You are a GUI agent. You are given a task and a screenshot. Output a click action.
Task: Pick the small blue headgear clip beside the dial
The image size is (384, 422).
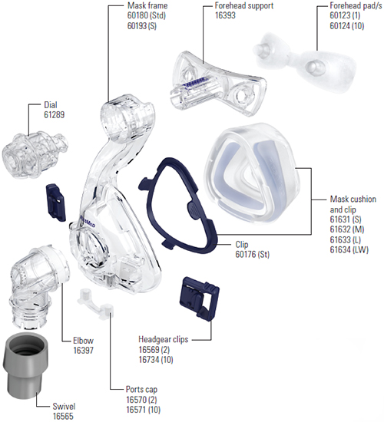(56, 202)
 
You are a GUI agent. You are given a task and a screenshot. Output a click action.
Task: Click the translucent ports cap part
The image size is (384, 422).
(95, 302)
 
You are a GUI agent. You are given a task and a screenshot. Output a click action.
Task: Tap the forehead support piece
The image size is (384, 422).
(216, 82)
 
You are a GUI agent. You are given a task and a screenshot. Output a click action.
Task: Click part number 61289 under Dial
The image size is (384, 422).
(55, 115)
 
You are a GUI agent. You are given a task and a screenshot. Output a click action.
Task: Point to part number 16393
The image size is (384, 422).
(225, 15)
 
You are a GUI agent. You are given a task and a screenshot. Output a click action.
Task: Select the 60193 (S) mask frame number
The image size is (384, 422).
(142, 26)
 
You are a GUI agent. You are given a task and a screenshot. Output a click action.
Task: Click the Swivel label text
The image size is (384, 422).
(64, 406)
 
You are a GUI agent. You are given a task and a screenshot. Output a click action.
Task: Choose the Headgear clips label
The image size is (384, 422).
(164, 339)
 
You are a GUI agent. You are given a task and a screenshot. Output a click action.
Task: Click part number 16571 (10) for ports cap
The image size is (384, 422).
(144, 410)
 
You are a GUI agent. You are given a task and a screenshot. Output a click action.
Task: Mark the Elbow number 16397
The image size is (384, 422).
(84, 350)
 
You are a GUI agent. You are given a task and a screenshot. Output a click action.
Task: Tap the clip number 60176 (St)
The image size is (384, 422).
(253, 254)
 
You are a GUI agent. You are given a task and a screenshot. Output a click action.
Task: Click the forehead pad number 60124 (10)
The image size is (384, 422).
(347, 26)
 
